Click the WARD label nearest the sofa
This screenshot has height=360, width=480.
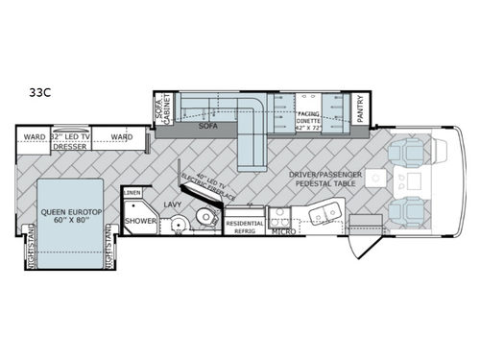(121, 137)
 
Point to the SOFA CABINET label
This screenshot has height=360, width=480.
(162, 108)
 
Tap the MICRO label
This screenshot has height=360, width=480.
(280, 231)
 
